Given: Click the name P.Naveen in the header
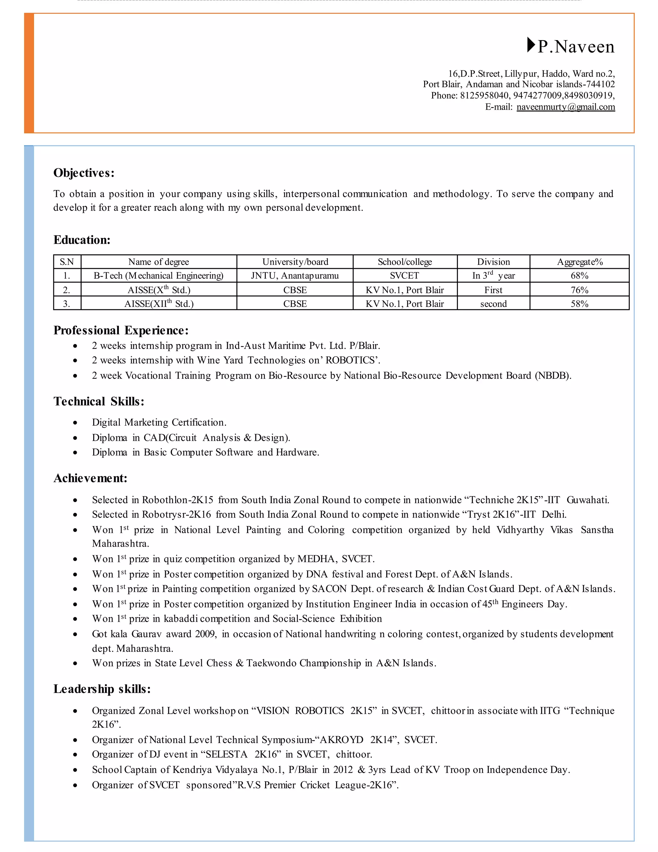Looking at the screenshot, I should tap(576, 47).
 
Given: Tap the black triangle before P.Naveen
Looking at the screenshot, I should tap(531, 45).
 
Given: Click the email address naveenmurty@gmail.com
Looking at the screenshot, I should tap(565, 107).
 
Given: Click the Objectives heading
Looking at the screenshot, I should tap(84, 173).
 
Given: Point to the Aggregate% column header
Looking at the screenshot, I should tap(580, 262).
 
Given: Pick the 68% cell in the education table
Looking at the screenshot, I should tap(579, 276).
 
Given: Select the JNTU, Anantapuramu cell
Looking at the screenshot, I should tap(295, 276).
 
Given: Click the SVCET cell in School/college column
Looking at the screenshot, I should tap(404, 276).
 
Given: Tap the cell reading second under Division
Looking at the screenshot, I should tap(493, 304).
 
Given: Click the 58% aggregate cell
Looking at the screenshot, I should tap(579, 304).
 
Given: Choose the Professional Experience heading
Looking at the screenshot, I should tap(121, 331).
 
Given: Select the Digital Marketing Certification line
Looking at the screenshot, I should tap(159, 422).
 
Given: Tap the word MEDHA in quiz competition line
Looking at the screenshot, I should tap(316, 559).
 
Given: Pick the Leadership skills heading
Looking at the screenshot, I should tap(102, 689).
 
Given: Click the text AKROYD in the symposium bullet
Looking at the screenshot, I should tap(341, 740).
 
